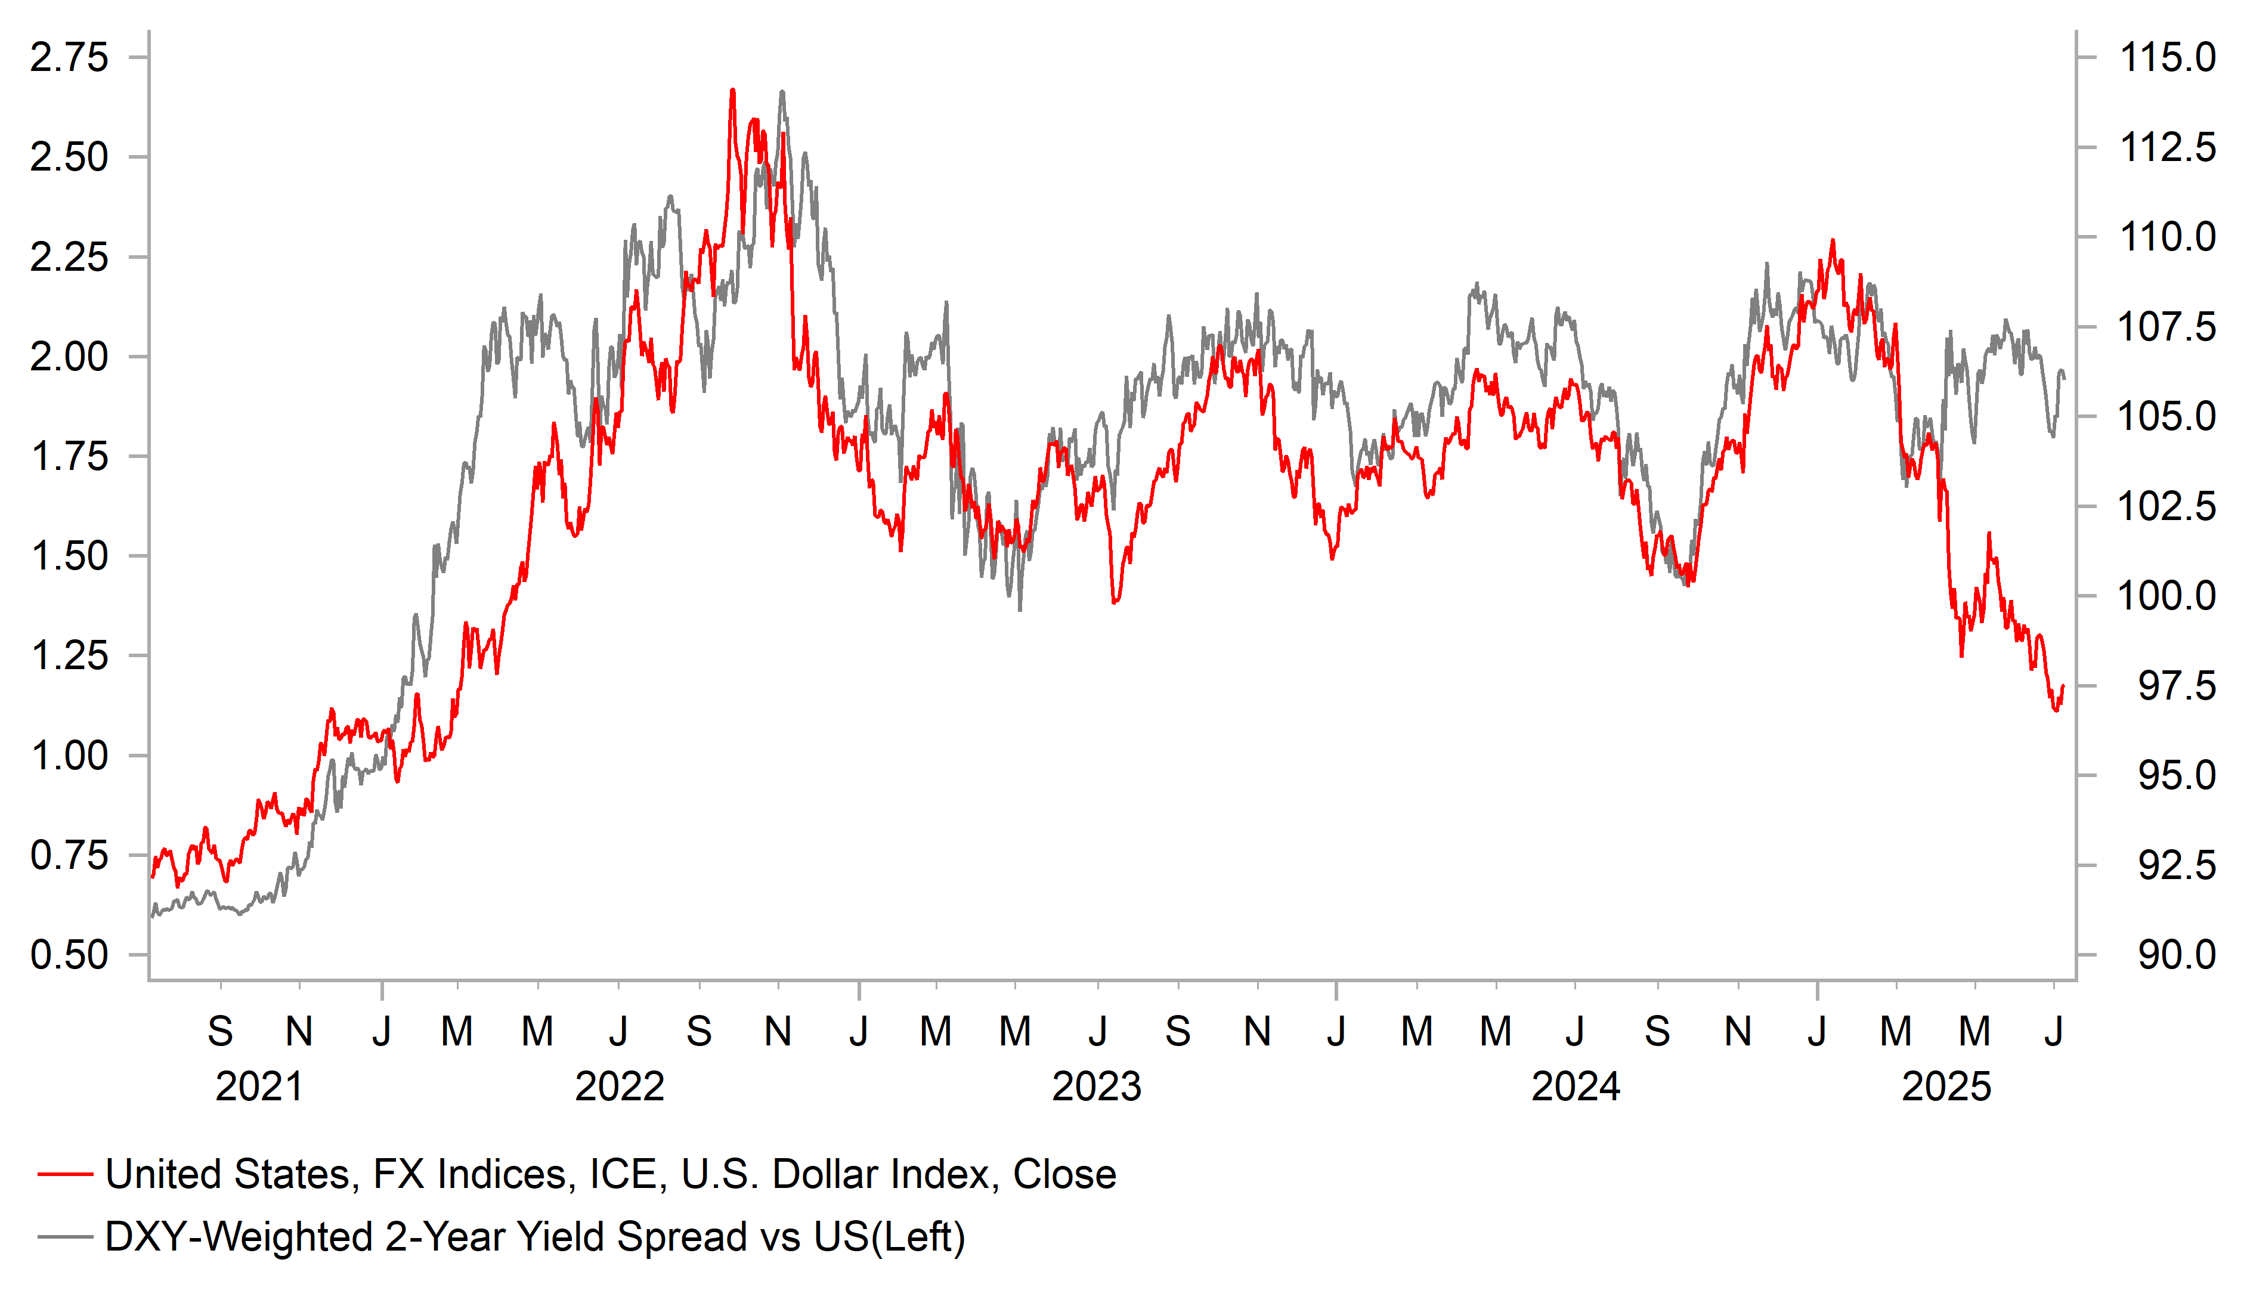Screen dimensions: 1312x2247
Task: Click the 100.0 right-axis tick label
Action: [2166, 596]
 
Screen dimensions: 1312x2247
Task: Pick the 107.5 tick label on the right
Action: [2166, 327]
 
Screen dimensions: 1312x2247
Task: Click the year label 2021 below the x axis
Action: [259, 1087]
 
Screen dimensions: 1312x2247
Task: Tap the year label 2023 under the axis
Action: [1096, 1087]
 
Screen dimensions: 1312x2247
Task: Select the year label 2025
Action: [1946, 1087]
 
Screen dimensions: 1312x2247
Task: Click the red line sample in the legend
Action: [65, 1175]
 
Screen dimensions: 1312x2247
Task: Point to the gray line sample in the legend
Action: [65, 1237]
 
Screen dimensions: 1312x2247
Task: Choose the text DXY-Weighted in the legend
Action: [238, 1237]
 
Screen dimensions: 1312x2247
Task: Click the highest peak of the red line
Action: [733, 90]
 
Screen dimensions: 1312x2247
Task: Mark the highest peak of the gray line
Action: [782, 91]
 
